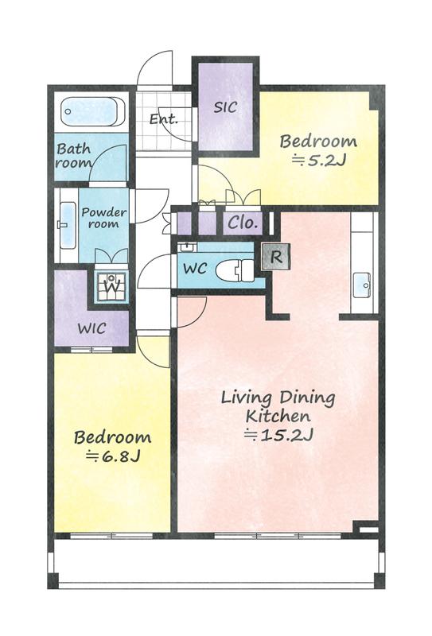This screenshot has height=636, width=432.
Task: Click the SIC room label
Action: click(x=225, y=107)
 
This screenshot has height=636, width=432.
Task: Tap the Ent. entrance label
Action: click(x=164, y=119)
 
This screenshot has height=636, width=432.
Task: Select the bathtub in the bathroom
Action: click(x=93, y=111)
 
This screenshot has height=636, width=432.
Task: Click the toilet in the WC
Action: click(x=235, y=270)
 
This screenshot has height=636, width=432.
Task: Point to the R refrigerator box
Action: click(x=276, y=257)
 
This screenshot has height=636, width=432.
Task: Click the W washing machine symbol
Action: click(x=111, y=285)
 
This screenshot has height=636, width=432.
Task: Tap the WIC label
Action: click(x=92, y=328)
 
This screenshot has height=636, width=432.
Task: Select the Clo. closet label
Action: click(x=243, y=223)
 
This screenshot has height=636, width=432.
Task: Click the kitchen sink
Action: click(x=362, y=285)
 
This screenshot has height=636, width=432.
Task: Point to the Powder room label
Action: click(x=104, y=218)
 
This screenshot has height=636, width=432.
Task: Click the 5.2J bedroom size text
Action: click(x=319, y=161)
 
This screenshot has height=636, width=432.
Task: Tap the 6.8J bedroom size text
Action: click(x=113, y=456)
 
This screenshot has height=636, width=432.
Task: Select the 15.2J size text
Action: click(x=278, y=435)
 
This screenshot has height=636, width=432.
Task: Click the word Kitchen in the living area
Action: click(x=278, y=416)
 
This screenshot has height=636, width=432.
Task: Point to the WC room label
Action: click(x=195, y=269)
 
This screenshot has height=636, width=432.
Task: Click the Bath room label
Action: click(x=74, y=156)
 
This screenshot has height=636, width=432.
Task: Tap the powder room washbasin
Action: click(x=68, y=225)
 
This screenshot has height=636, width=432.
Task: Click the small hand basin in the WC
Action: click(x=187, y=246)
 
